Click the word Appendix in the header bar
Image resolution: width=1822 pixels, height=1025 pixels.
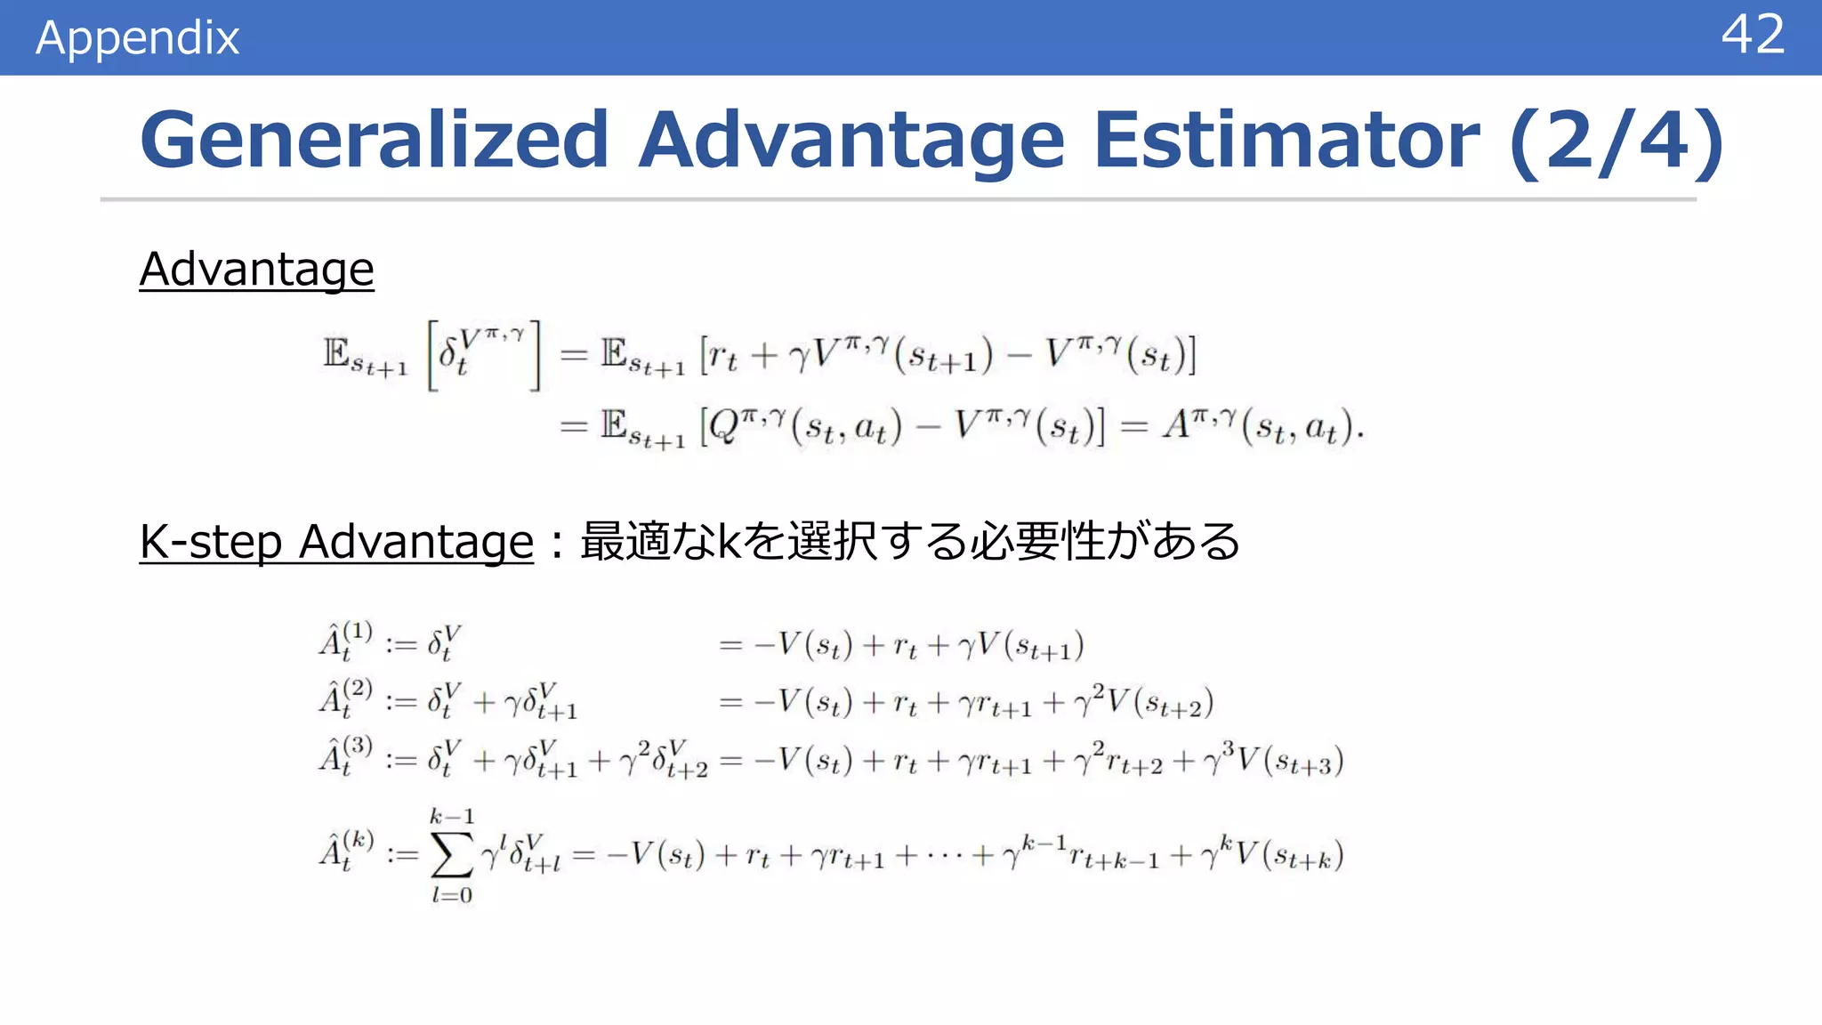click(x=138, y=37)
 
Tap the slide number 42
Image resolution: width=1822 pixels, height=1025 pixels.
click(x=1752, y=36)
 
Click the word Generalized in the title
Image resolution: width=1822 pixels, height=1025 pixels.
click(x=374, y=140)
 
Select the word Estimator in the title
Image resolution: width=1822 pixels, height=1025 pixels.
click(x=1286, y=140)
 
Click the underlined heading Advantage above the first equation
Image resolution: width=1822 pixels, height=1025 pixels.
click(x=256, y=269)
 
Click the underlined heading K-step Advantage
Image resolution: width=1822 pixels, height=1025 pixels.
click(x=336, y=541)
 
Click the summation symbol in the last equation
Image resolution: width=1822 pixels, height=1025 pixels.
click(x=451, y=856)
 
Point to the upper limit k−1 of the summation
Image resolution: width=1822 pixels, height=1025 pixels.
click(x=452, y=816)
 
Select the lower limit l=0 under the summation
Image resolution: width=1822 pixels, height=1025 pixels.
click(x=452, y=895)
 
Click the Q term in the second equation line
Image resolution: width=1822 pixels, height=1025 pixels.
click(x=725, y=427)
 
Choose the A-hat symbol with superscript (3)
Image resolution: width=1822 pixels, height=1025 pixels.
click(x=344, y=755)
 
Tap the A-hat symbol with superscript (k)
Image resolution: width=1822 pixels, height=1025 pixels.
click(x=345, y=851)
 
